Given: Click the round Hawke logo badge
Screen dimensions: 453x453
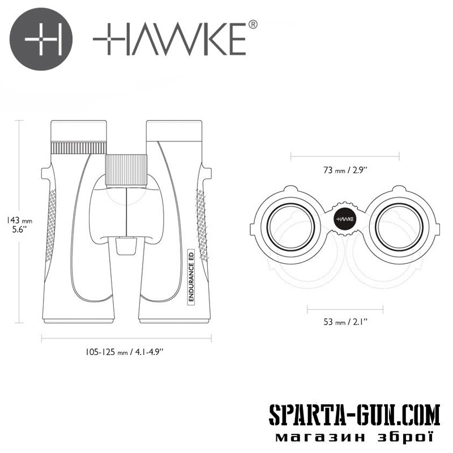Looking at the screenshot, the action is pyautogui.click(x=41, y=39).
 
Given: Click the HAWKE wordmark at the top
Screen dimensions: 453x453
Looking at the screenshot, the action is pyautogui.click(x=169, y=39).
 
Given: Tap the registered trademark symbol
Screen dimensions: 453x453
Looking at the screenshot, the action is pyautogui.click(x=253, y=24).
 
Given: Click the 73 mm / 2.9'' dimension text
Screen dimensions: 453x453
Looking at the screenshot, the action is pyautogui.click(x=345, y=170).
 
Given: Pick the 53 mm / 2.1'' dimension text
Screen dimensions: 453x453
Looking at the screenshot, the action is pyautogui.click(x=345, y=321).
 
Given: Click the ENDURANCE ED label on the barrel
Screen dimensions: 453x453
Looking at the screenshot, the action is pyautogui.click(x=191, y=276).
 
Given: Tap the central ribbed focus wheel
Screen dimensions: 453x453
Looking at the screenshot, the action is pyautogui.click(x=126, y=170).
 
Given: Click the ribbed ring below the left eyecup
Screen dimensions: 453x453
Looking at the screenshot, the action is pyautogui.click(x=79, y=148).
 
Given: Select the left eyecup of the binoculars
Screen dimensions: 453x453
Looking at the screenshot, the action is pyautogui.click(x=79, y=131).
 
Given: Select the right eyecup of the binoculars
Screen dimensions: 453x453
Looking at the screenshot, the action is pyautogui.click(x=174, y=131).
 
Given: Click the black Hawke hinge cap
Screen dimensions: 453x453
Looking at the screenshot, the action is pyautogui.click(x=345, y=219).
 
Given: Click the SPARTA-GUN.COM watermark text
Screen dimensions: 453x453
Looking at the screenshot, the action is pyautogui.click(x=354, y=414).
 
